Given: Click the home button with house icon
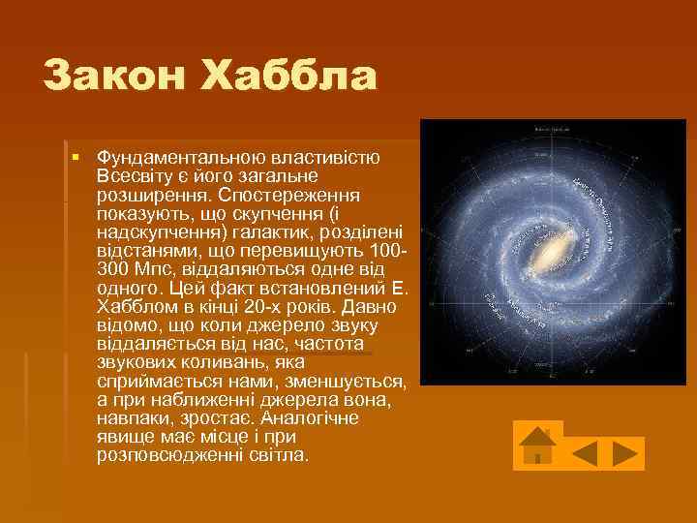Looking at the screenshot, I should (x=537, y=446).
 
